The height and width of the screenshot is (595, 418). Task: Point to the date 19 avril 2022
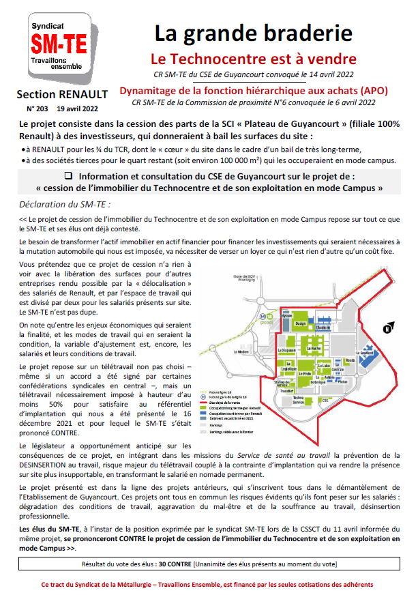78,108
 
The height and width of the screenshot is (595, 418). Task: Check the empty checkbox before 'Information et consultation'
68,175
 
